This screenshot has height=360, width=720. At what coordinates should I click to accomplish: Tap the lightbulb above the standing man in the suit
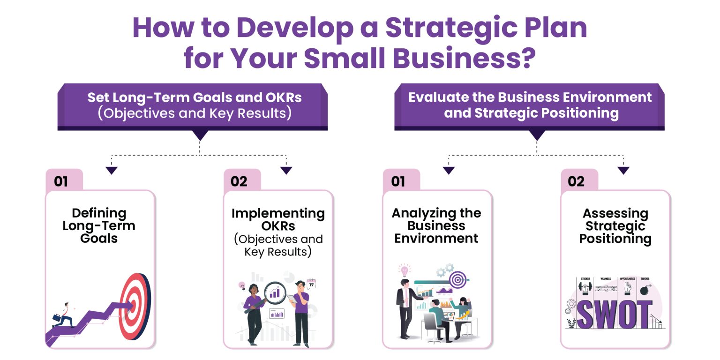[404, 270]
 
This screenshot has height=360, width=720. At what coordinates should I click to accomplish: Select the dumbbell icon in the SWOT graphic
[585, 288]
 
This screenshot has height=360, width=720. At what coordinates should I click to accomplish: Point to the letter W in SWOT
[604, 315]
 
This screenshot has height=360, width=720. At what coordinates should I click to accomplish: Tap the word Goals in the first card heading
[98, 238]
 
